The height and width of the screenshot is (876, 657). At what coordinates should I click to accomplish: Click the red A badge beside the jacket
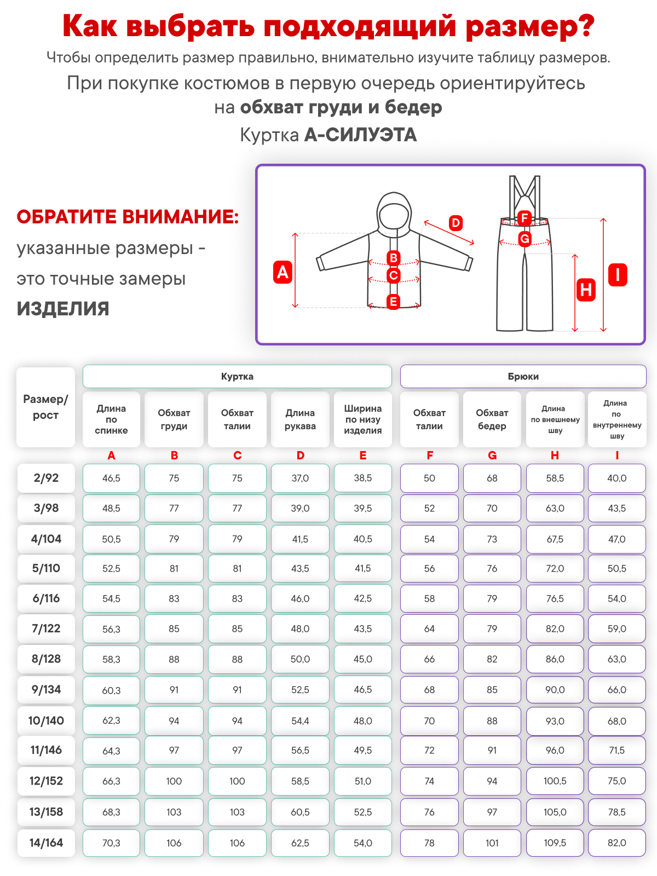pos(283,272)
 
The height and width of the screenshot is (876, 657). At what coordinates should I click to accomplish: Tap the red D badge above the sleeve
pos(456,223)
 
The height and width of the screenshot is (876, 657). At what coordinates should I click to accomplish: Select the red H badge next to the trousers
pos(586,289)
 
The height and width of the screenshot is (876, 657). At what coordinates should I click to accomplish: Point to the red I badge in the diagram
pos(618,275)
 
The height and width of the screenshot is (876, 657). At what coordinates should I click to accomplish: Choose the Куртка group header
pos(237,377)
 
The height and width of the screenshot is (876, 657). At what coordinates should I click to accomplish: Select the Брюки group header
pos(523,377)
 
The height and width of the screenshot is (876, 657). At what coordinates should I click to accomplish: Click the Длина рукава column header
pos(300,419)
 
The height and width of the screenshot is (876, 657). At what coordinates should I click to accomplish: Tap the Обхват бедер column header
pos(492,419)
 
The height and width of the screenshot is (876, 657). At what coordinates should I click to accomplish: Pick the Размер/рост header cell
pos(45,407)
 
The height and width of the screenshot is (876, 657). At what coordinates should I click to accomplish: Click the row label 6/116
pos(46,598)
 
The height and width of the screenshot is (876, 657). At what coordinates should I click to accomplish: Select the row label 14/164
pos(46,843)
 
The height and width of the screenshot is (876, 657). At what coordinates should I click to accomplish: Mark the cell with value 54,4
pos(300,721)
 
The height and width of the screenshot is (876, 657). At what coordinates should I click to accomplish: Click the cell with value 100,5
pos(555,781)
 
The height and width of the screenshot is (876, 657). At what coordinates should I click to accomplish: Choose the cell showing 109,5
pos(555,843)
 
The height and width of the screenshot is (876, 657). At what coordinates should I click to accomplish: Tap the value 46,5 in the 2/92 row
pos(111,478)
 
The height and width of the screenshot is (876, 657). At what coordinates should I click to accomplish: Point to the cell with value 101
pos(492,843)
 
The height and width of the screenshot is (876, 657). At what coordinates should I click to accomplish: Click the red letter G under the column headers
pos(492,456)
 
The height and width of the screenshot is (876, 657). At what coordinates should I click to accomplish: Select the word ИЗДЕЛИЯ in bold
pos(63,309)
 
